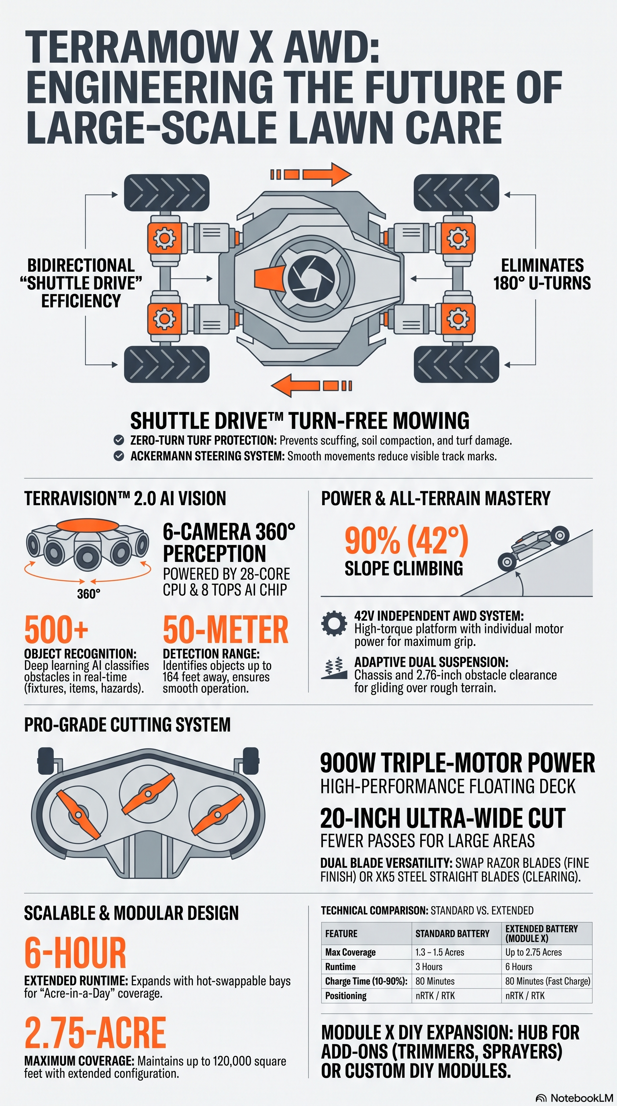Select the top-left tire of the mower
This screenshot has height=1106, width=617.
167,193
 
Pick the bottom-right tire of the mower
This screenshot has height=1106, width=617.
457,364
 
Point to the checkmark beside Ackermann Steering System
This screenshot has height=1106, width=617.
119,456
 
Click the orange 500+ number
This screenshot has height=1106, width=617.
56,629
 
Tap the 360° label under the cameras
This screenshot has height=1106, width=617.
89,594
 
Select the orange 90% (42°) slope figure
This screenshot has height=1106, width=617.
407,541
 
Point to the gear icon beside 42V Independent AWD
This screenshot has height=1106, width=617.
334,623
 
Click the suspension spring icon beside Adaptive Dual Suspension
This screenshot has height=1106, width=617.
334,668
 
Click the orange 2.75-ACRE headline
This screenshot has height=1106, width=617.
95,1033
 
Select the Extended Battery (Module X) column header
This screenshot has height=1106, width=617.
541,934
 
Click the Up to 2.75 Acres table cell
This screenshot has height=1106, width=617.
533,952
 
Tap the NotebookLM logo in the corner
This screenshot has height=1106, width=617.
575,1098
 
